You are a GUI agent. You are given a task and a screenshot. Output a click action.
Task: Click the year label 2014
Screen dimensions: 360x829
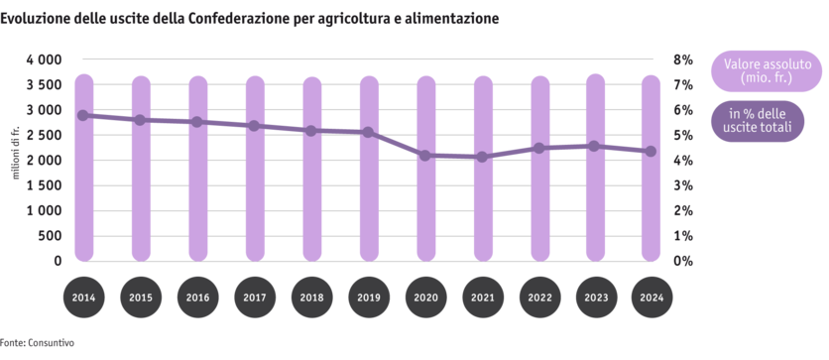point(84,299)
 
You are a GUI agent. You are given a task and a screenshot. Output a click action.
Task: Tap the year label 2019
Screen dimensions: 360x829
point(368,299)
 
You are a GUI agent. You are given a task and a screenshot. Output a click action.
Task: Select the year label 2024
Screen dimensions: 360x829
point(651,299)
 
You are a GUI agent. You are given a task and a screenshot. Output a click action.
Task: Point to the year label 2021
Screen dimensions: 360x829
point(482,299)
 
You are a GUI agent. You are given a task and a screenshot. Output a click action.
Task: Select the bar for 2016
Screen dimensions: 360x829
point(198,169)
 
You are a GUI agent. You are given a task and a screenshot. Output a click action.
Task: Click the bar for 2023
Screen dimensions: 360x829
point(595,169)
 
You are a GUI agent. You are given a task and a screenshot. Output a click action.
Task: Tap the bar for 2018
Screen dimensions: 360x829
point(311,169)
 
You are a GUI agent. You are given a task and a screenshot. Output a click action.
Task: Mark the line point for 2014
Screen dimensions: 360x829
point(84,115)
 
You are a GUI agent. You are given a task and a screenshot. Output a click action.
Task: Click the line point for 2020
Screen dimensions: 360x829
point(425,156)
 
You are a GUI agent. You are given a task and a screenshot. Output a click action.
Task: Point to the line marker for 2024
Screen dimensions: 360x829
point(651,152)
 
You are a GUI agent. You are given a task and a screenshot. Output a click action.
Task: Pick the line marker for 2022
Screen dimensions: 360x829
point(538,148)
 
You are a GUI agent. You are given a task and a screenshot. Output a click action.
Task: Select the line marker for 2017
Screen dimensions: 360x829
point(255,126)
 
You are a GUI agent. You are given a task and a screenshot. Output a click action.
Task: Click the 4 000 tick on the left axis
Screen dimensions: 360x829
point(44,60)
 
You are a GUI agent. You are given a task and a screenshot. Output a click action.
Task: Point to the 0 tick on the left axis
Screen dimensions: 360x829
point(58,261)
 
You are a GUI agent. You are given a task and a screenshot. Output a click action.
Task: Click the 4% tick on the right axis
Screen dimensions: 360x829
point(683,161)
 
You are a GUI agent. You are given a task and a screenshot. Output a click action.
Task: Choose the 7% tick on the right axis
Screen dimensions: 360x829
point(683,84)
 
